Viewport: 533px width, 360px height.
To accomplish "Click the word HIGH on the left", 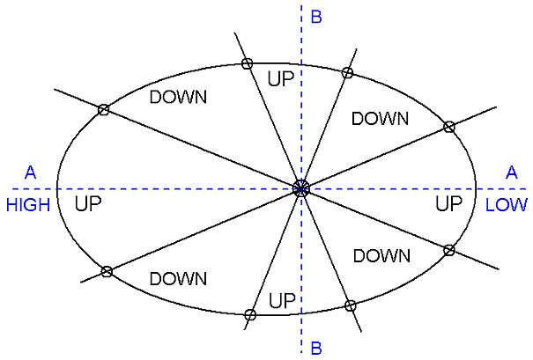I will click(x=27, y=205).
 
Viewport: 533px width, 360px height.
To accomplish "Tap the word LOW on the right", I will click(x=506, y=205).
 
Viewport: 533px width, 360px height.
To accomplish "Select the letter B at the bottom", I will click(x=315, y=348).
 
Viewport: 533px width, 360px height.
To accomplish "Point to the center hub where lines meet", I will click(x=301, y=187).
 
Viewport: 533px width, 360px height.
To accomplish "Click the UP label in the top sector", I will click(x=280, y=78).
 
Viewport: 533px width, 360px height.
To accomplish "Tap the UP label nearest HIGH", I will click(x=88, y=204).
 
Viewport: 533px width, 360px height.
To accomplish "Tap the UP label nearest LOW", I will click(x=449, y=204).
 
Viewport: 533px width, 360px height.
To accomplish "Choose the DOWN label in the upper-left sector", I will click(x=178, y=97).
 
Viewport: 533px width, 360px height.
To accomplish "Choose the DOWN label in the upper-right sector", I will click(x=380, y=119).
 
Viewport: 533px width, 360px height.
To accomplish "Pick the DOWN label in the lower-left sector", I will click(x=178, y=279).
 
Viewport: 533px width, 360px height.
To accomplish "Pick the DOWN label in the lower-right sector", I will click(x=381, y=256).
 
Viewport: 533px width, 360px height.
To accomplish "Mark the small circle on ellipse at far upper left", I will click(x=103, y=110).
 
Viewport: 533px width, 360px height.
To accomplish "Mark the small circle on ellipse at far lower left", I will click(x=106, y=271).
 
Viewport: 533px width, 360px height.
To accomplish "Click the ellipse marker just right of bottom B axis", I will click(x=350, y=305).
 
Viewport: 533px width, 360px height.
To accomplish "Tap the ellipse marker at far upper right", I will click(x=448, y=127).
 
